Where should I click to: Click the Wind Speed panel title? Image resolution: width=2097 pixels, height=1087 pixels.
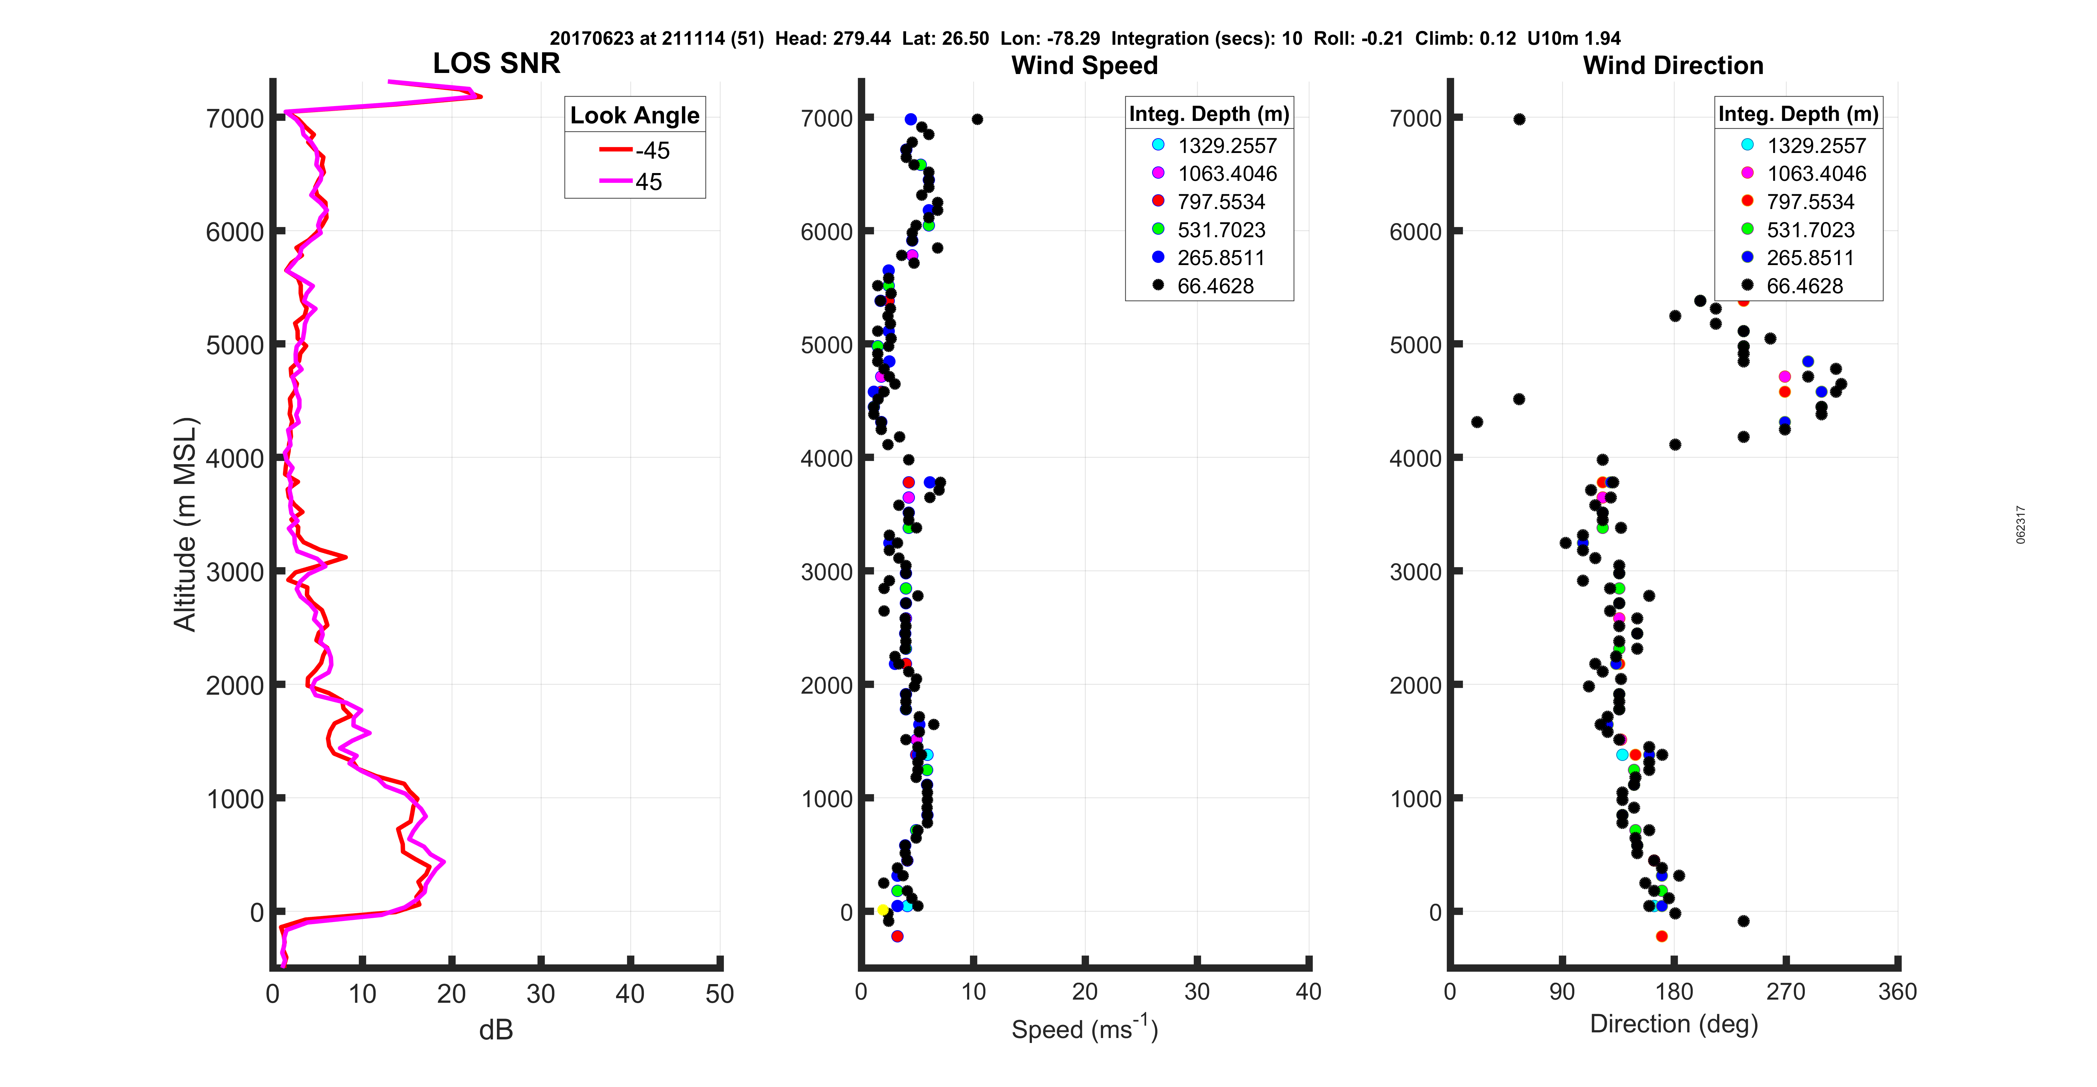(1084, 65)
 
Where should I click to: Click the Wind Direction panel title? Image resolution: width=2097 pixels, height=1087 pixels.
(1673, 65)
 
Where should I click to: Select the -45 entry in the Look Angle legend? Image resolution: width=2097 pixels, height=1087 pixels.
(635, 151)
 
